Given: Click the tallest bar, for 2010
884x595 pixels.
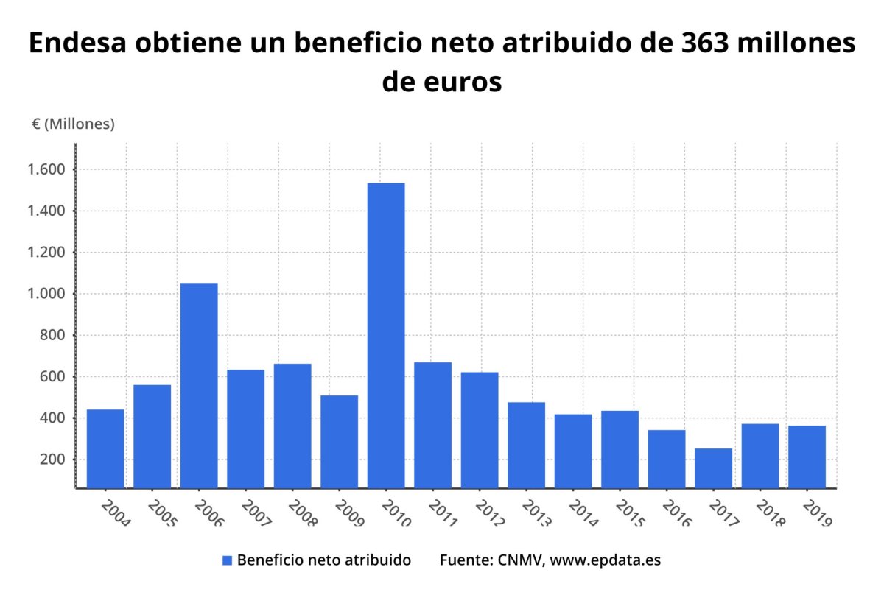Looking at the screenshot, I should click(386, 335).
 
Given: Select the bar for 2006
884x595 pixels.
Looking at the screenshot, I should click(199, 385).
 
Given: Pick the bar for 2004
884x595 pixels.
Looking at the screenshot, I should click(105, 448).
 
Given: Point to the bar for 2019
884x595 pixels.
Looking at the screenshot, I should click(807, 457).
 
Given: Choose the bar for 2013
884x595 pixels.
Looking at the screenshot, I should click(526, 445).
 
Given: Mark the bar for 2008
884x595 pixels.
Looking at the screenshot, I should click(292, 426).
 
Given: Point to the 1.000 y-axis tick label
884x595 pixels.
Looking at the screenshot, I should click(49, 294).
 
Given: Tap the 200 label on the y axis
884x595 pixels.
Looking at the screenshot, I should click(55, 460).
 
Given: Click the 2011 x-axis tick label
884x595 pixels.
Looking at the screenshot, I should click(443, 513).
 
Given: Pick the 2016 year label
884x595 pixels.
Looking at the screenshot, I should click(676, 513).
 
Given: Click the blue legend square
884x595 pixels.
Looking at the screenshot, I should click(227, 560).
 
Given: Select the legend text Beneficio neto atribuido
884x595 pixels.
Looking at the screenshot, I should click(324, 560).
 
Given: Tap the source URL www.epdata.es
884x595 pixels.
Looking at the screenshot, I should click(606, 560).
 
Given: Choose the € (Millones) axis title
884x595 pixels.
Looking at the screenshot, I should click(73, 124).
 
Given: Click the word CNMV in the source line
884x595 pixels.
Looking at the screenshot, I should click(519, 560).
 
